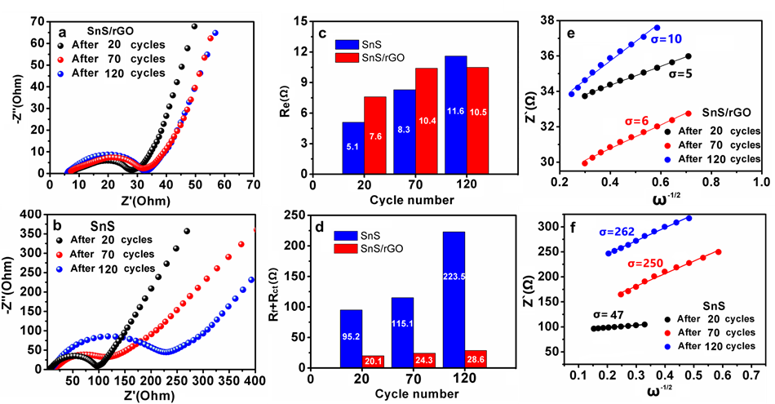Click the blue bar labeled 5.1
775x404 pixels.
click(352, 148)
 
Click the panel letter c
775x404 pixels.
click(323, 33)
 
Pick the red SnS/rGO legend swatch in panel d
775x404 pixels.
click(352, 239)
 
